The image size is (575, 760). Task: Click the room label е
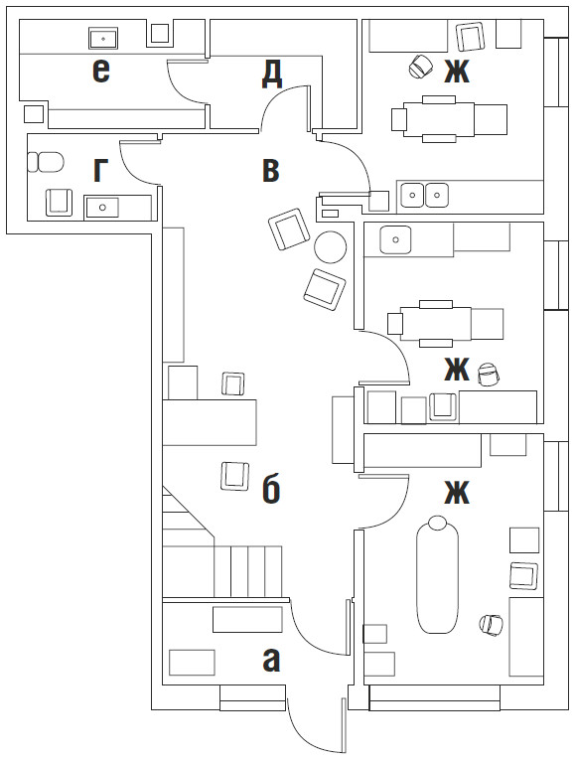point(100,71)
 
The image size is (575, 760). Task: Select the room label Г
point(100,171)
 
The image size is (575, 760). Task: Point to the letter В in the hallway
point(271,171)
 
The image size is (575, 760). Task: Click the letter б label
point(271,490)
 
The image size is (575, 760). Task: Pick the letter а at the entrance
point(271,661)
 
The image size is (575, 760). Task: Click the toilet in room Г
point(46,162)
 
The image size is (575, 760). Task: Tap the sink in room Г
point(101,207)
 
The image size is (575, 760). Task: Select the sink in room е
point(103,38)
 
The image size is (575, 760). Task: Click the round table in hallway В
point(331,246)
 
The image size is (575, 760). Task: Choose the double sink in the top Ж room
point(425,195)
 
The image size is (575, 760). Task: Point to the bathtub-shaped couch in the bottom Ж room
point(437,574)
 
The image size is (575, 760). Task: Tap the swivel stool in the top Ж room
point(419,66)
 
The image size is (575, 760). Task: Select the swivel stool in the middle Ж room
point(489,375)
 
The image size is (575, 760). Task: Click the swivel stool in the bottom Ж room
point(491,625)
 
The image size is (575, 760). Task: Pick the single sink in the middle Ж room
point(396,239)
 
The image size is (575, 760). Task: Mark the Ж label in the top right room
point(457,72)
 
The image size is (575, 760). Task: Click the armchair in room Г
point(60,202)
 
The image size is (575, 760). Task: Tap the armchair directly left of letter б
point(235,476)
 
